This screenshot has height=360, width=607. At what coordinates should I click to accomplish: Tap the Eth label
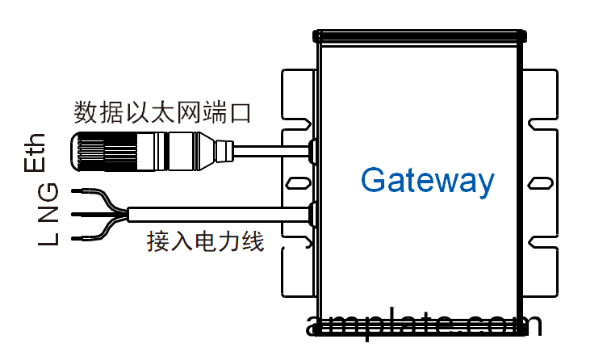(x=36, y=153)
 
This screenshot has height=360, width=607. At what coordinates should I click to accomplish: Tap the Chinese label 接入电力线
(x=206, y=241)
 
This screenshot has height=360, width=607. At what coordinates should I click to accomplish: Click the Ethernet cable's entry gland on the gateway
(x=312, y=149)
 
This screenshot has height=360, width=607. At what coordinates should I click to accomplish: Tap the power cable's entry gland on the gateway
(x=312, y=213)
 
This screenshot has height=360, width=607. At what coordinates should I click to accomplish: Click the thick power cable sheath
(x=218, y=214)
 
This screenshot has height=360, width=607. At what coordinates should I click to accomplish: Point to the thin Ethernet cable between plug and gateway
(x=270, y=149)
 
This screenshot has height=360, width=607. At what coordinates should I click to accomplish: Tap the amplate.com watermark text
(x=425, y=324)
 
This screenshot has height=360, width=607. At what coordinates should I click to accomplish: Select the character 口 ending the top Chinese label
(x=240, y=111)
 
